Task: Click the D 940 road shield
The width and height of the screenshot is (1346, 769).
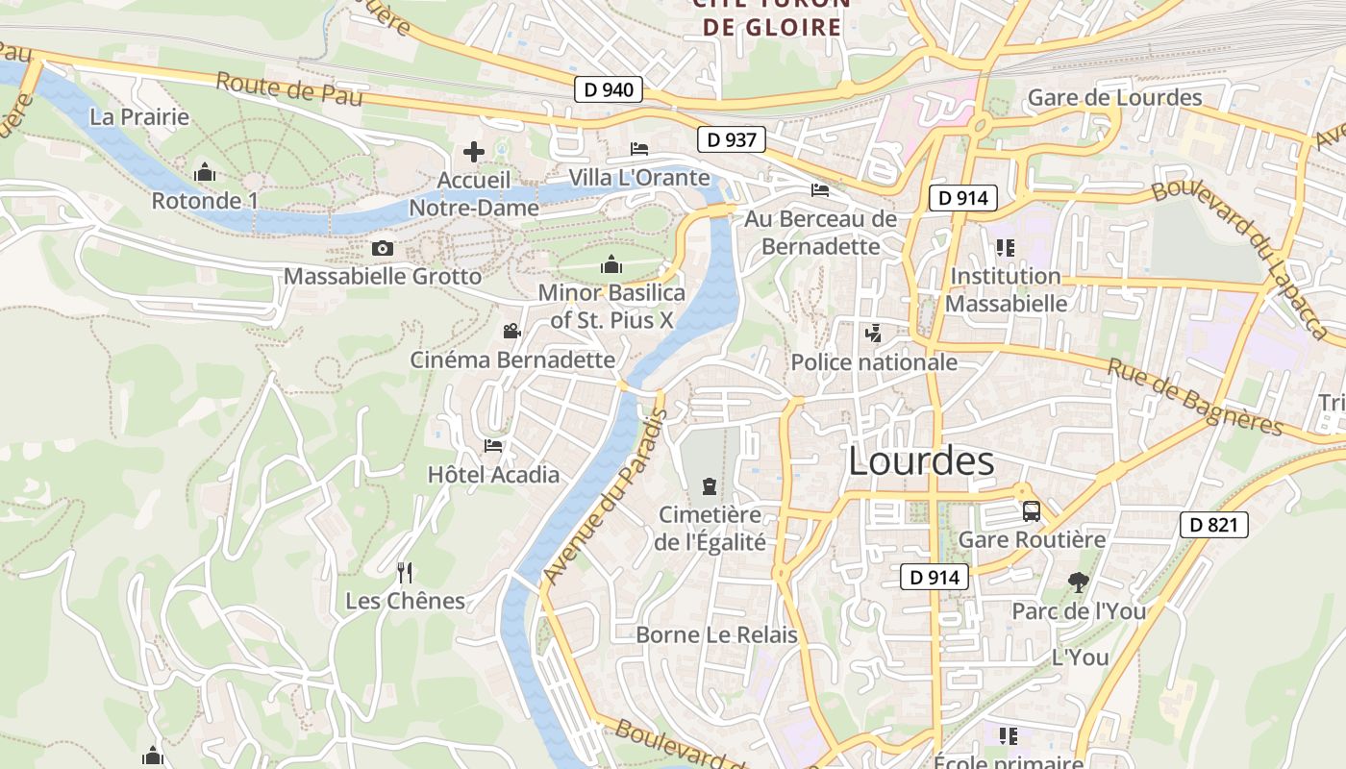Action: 609,90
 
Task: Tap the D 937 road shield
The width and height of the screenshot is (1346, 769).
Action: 731,139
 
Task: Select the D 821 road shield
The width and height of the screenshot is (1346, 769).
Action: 1213,525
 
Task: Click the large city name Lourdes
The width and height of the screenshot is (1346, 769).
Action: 920,462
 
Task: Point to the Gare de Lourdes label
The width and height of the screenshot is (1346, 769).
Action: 1114,98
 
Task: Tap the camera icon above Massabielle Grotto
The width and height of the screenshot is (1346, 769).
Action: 382,249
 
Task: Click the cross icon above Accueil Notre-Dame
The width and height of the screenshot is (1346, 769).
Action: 473,152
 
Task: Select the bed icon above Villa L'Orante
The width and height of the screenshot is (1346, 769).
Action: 638,149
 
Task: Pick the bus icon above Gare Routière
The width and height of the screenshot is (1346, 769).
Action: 1032,511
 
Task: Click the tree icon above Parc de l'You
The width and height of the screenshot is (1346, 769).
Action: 1078,582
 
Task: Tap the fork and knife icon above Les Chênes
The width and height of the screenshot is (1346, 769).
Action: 405,573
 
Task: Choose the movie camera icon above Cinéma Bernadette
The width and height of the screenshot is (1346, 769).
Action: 511,332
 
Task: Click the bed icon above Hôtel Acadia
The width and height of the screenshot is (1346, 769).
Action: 493,445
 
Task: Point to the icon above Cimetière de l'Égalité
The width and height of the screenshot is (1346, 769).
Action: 710,486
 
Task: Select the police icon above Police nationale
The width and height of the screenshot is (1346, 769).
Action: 873,334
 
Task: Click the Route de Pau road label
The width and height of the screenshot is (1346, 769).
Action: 288,89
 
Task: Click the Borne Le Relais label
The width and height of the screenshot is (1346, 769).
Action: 717,635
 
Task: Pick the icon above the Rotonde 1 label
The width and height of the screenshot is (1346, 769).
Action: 204,173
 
